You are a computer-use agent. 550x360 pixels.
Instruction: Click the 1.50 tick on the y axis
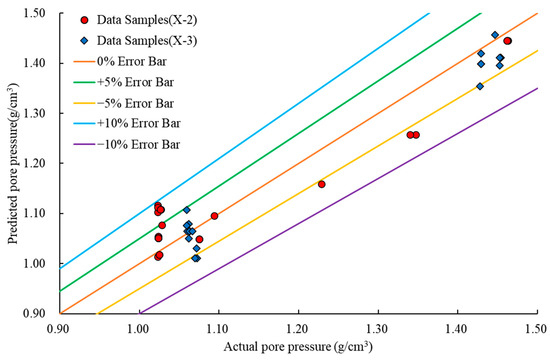click(37, 13)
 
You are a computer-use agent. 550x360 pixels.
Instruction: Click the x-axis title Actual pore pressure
click(297, 346)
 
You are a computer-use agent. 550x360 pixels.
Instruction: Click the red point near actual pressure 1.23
click(321, 184)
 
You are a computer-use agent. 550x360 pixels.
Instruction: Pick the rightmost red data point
click(508, 41)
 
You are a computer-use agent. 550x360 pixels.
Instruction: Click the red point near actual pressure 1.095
click(214, 216)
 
